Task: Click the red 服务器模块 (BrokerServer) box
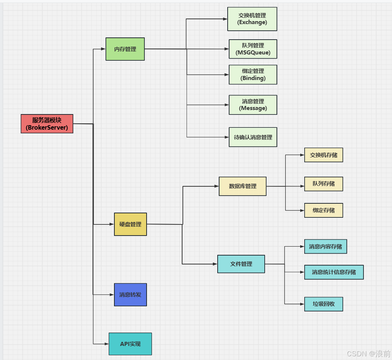(x=47, y=124)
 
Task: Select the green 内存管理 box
(x=125, y=49)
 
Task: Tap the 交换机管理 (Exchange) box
(x=252, y=19)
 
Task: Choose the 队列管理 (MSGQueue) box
(x=253, y=49)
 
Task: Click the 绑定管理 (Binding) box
(x=253, y=74)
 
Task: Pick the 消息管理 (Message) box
(x=253, y=105)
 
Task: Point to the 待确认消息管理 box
(x=253, y=137)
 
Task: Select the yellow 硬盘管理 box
(x=130, y=224)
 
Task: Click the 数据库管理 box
(x=242, y=186)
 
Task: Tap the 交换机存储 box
(x=324, y=155)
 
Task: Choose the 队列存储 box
(x=324, y=184)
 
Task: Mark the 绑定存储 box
(x=324, y=210)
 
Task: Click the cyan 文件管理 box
(x=241, y=264)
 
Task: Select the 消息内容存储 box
(x=325, y=246)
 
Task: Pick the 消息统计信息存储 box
(x=334, y=272)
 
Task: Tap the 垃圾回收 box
(x=324, y=304)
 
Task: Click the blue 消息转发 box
(x=130, y=295)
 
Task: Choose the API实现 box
(x=130, y=344)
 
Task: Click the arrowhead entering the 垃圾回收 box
(x=302, y=304)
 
